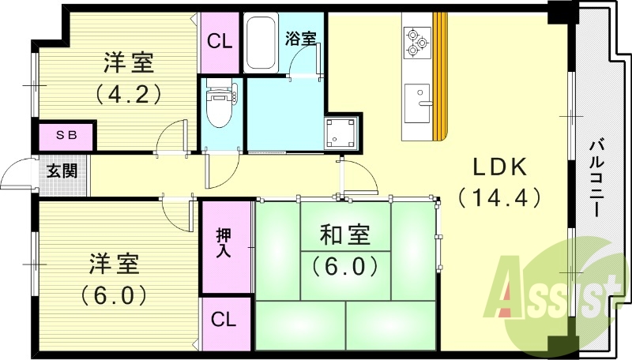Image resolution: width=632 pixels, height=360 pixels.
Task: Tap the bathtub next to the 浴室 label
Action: tap(261, 43)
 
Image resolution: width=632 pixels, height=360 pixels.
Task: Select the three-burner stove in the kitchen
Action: tap(417, 42)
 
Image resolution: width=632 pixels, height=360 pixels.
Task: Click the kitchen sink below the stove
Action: tap(418, 103)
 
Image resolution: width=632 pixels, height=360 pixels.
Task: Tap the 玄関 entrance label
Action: tap(62, 171)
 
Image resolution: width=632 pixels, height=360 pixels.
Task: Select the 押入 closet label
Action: tap(224, 243)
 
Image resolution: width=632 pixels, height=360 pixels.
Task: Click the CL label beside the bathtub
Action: tap(220, 42)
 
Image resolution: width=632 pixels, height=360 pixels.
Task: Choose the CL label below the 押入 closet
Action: tap(224, 320)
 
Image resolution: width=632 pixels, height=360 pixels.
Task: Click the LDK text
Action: tap(500, 167)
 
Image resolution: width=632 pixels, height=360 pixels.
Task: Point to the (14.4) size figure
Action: tap(499, 197)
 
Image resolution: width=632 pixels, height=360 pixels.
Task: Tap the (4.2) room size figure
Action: tap(129, 94)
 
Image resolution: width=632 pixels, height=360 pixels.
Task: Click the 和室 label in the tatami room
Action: tap(345, 235)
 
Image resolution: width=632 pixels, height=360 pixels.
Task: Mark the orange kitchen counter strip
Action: tap(440, 77)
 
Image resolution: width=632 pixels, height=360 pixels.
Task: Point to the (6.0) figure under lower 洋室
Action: tap(114, 296)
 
